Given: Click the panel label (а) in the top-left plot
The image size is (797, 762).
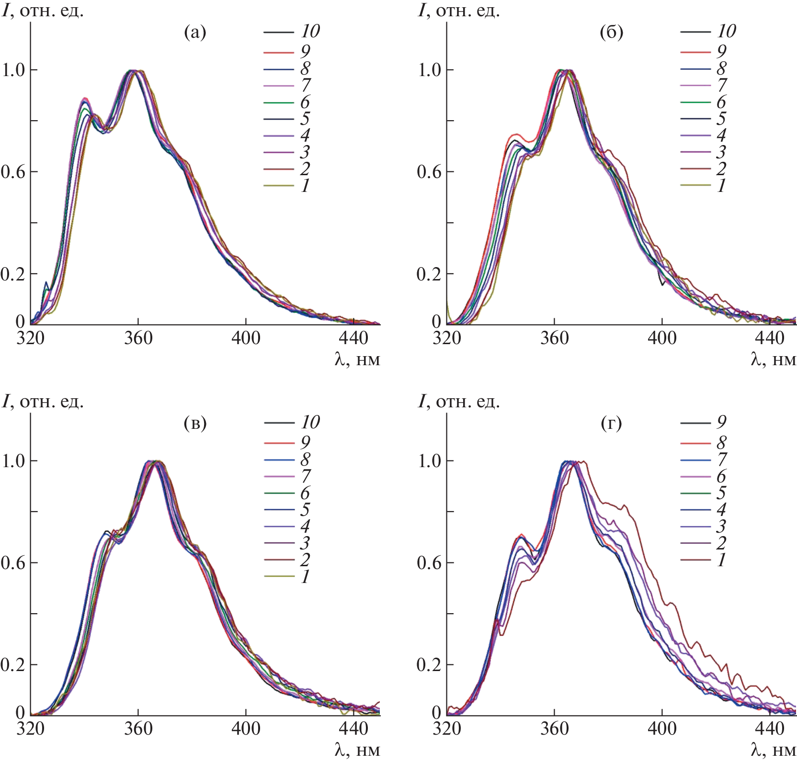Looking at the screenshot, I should click(195, 33).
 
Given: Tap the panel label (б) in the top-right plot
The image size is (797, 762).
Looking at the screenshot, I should click(611, 33).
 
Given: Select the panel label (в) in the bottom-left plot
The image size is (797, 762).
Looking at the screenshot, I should click(195, 424).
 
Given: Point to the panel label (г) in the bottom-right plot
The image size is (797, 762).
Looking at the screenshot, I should click(611, 424).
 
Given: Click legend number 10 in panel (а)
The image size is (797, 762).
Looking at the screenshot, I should click(310, 32).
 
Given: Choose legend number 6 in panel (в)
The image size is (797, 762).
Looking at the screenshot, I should click(305, 493).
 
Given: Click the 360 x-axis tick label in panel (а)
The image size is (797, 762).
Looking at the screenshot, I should click(138, 338).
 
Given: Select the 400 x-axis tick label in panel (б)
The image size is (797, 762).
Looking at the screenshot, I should click(662, 338).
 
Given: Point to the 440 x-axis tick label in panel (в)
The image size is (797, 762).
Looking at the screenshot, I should click(353, 729).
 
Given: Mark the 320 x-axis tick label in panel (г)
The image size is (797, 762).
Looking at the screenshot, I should click(446, 729).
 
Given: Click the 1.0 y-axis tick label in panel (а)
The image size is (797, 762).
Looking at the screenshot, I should click(13, 70).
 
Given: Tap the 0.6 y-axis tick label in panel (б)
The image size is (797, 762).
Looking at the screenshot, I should click(430, 172).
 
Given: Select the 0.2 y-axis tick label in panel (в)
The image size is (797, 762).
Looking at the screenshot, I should click(13, 665).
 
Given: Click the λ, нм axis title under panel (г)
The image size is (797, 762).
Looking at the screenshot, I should click(773, 750).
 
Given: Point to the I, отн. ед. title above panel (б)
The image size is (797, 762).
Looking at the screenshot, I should click(459, 11).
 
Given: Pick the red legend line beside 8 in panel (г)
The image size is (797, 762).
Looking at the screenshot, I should click(695, 443).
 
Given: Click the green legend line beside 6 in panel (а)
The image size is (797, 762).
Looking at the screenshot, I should click(278, 102).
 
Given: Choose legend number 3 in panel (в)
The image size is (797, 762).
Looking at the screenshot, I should click(305, 543).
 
